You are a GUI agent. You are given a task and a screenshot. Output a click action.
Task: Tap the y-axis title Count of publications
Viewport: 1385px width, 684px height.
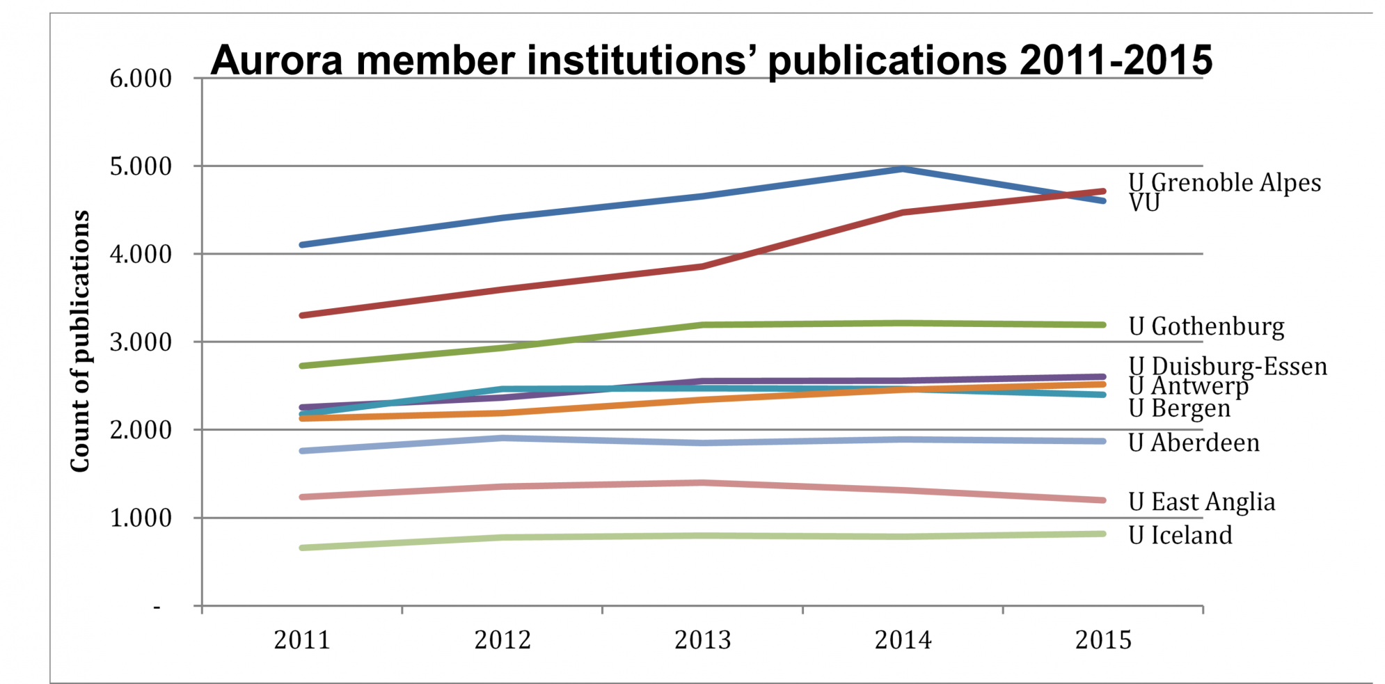(x=80, y=341)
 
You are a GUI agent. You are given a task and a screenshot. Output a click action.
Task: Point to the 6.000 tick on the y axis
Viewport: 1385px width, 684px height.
(x=141, y=79)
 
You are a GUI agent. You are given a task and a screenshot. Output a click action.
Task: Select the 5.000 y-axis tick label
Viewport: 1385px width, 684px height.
(x=141, y=166)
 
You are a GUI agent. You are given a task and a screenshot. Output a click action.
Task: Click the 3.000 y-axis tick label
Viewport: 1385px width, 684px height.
(x=141, y=342)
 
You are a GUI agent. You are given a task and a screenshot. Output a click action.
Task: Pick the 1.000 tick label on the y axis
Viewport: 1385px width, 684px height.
(x=141, y=518)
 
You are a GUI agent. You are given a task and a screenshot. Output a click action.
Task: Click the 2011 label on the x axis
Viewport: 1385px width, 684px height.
(x=302, y=639)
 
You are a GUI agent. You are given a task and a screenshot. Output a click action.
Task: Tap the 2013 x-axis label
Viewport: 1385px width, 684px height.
(x=703, y=639)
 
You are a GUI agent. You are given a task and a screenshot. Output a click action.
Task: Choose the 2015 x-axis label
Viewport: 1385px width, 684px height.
(x=1103, y=639)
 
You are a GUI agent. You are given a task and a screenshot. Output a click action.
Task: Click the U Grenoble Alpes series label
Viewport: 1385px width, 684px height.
(x=1224, y=182)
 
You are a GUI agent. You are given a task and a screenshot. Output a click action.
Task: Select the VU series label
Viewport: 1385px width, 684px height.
(x=1144, y=203)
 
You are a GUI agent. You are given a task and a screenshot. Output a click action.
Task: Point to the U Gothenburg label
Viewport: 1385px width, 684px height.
(x=1206, y=326)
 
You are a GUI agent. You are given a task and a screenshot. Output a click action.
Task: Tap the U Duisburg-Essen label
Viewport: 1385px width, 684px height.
(x=1228, y=366)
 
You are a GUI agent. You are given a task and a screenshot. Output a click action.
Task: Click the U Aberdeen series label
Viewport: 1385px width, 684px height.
(x=1194, y=443)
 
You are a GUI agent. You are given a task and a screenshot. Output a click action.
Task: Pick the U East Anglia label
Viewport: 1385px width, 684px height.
(x=1202, y=502)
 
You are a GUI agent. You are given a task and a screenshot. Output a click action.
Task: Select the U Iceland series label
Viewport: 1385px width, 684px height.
(x=1180, y=535)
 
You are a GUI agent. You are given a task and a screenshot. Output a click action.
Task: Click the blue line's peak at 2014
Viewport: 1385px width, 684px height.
(x=903, y=168)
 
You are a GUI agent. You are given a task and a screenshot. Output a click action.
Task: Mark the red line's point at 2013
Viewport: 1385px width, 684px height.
(x=703, y=267)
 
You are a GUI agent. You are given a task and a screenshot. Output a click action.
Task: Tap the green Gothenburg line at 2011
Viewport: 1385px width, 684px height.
(x=302, y=365)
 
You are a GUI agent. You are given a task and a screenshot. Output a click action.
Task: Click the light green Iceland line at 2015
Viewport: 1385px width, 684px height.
(x=1103, y=534)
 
